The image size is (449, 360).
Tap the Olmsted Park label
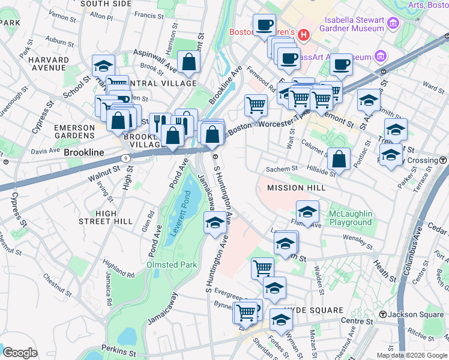coord(172,265)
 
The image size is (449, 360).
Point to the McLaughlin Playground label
coord(350,218)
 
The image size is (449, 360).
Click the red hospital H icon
coord(304,35)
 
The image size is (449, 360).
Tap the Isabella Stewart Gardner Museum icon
coord(394,23)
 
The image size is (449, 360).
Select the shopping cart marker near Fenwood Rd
coord(256,105)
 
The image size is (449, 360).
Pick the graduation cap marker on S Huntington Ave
coord(215,223)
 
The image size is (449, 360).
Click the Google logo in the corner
coord(20,352)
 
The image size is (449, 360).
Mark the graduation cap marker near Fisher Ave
coord(307,212)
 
